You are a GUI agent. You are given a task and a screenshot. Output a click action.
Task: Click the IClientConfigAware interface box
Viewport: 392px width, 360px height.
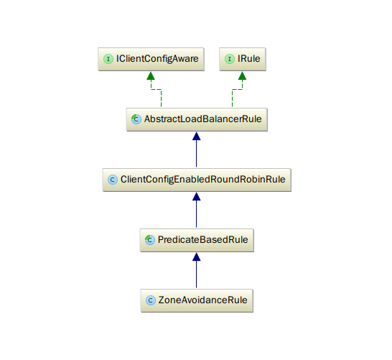pyautogui.click(x=151, y=59)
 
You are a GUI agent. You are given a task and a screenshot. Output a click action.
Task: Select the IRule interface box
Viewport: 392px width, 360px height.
pyautogui.click(x=243, y=59)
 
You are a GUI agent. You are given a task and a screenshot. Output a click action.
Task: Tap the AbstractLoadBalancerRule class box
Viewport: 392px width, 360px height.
pyautogui.click(x=197, y=119)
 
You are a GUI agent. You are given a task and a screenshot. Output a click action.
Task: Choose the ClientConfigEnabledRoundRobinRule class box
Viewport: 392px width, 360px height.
pyautogui.click(x=197, y=180)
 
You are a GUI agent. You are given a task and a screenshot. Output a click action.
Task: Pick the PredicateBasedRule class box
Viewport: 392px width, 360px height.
pyautogui.click(x=197, y=240)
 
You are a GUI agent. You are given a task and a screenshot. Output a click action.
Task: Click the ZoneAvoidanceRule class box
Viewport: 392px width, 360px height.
pyautogui.click(x=197, y=300)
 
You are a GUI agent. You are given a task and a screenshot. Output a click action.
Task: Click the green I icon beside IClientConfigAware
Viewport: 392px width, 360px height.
pyautogui.click(x=108, y=59)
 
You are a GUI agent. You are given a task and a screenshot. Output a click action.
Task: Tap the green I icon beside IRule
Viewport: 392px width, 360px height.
pyautogui.click(x=230, y=59)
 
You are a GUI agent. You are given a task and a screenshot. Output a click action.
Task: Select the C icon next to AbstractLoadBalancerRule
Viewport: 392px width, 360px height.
pyautogui.click(x=136, y=119)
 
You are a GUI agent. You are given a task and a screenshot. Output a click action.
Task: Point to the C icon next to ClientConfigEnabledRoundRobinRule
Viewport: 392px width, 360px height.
pyautogui.click(x=113, y=180)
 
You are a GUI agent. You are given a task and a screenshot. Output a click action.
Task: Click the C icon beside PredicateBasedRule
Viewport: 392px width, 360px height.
pyautogui.click(x=150, y=240)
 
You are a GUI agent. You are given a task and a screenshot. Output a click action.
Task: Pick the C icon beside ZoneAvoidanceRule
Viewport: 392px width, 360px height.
pyautogui.click(x=151, y=300)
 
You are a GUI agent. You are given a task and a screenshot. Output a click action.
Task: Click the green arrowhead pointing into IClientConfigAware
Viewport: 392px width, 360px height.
pyautogui.click(x=151, y=75)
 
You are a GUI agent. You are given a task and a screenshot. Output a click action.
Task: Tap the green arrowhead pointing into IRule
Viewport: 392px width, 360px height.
pyautogui.click(x=242, y=75)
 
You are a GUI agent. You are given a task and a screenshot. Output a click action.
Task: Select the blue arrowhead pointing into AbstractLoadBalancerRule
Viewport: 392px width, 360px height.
pyautogui.click(x=197, y=136)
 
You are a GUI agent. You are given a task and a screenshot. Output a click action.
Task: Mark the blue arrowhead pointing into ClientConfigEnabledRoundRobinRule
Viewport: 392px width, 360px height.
pyautogui.click(x=197, y=196)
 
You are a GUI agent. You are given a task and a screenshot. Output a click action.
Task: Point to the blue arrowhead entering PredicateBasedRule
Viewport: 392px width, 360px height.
pyautogui.click(x=197, y=257)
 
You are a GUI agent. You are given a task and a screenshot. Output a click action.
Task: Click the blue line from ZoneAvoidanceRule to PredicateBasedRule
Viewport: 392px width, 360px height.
pyautogui.click(x=197, y=270)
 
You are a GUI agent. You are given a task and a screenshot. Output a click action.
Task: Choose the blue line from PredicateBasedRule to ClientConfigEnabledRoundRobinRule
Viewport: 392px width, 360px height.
pyautogui.click(x=197, y=210)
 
